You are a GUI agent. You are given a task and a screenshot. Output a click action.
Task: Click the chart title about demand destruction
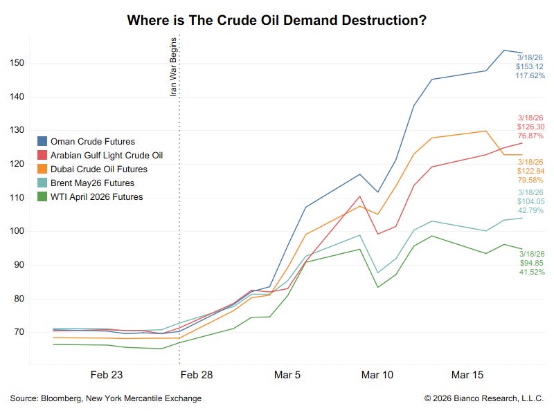point(276,20)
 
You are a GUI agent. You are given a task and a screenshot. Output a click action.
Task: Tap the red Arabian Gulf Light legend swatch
point(42,155)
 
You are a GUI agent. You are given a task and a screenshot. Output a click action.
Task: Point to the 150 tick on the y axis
point(17,63)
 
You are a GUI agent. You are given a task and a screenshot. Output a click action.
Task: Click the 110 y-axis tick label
point(17,197)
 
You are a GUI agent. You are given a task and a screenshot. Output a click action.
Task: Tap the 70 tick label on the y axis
point(17,332)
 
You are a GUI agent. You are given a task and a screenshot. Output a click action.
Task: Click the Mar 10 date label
point(377,375)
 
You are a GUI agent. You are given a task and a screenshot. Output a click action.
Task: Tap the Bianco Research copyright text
point(483,398)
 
